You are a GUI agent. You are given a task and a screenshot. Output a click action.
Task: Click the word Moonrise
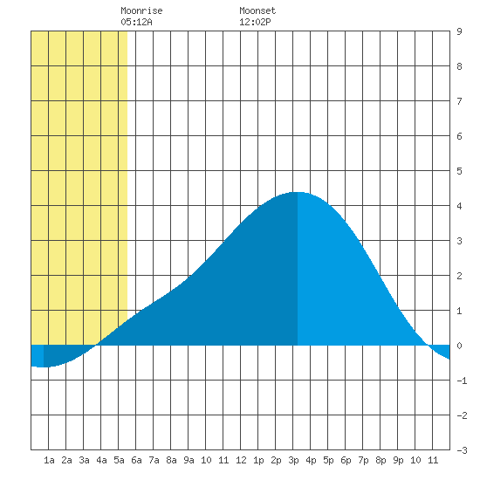(x=141, y=10)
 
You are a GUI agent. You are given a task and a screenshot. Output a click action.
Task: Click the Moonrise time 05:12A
(x=136, y=22)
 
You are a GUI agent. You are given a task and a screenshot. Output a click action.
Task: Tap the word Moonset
(x=257, y=10)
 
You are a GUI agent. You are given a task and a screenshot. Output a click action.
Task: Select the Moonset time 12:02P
(x=255, y=22)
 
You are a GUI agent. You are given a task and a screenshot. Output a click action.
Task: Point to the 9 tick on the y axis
(x=459, y=31)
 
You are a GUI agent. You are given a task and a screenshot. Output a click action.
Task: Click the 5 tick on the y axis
(x=459, y=171)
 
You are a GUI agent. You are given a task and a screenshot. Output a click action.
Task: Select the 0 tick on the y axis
(x=459, y=346)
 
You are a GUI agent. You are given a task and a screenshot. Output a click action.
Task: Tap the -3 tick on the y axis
(x=462, y=450)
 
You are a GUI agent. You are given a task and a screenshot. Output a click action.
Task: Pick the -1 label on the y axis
(x=462, y=381)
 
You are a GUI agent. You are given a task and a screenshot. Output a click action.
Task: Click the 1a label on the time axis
(x=49, y=460)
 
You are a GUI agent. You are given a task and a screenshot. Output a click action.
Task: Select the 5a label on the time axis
(x=119, y=460)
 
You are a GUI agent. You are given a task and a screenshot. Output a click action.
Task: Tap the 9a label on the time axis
(x=189, y=460)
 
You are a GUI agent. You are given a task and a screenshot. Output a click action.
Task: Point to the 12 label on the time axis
(x=241, y=460)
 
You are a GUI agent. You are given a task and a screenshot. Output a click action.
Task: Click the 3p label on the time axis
(x=293, y=460)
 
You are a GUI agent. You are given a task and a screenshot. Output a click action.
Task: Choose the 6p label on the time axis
(x=346, y=460)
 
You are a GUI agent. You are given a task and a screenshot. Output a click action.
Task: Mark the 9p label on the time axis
(x=398, y=460)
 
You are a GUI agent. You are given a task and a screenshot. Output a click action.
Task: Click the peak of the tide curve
(x=298, y=192)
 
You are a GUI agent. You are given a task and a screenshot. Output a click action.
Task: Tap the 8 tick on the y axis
(x=459, y=66)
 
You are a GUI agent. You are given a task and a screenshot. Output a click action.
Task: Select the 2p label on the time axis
(x=276, y=460)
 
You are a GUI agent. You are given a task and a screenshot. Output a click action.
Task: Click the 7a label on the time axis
(x=154, y=460)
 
